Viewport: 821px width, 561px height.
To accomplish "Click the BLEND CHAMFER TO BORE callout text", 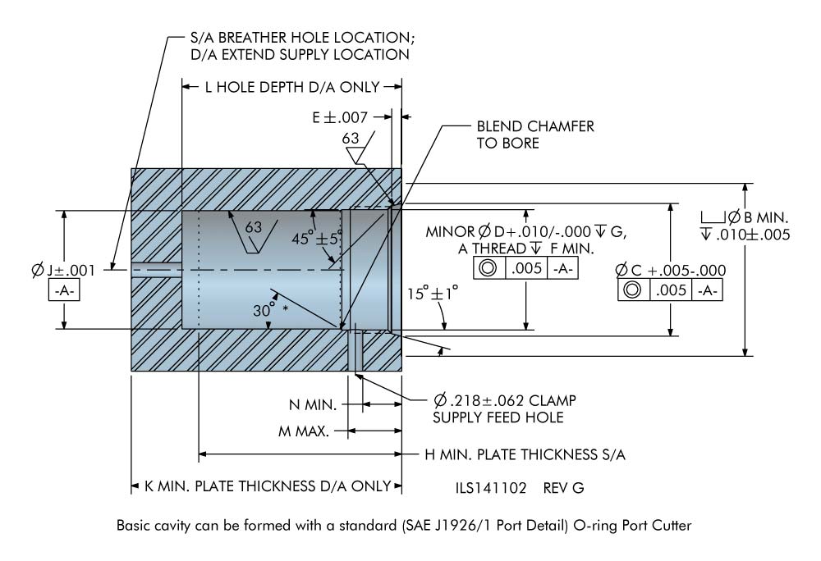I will pyautogui.click(x=535, y=135).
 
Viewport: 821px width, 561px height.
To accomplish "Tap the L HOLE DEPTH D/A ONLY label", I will pyautogui.click(x=291, y=87).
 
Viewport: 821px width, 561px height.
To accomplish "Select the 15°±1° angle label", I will pyautogui.click(x=429, y=293).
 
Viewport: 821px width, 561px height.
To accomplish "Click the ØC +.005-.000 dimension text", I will pyautogui.click(x=670, y=270).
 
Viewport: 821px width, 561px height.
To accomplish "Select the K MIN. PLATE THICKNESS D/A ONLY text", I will pyautogui.click(x=267, y=486).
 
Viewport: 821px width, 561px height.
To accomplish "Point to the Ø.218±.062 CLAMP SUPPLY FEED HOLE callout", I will pyautogui.click(x=505, y=408).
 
